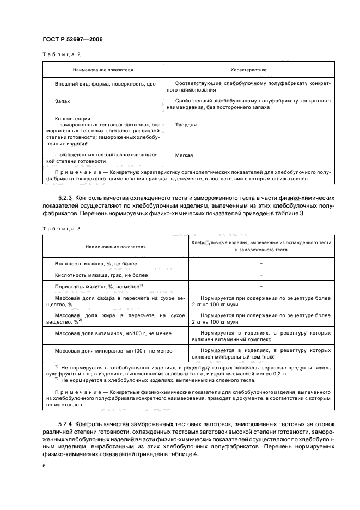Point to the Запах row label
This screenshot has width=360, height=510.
(x=62, y=101)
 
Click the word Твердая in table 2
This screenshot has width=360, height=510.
(x=186, y=125)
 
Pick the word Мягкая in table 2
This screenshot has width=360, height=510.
(x=185, y=155)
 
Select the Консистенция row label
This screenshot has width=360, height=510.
(x=72, y=118)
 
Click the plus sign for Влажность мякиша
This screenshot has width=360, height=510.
(x=261, y=264)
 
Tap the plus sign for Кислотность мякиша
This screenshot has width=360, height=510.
(x=261, y=275)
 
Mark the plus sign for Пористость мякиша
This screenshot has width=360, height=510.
(x=261, y=287)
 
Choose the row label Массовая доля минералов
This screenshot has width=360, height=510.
(x=113, y=351)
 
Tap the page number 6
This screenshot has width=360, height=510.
(x=43, y=466)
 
